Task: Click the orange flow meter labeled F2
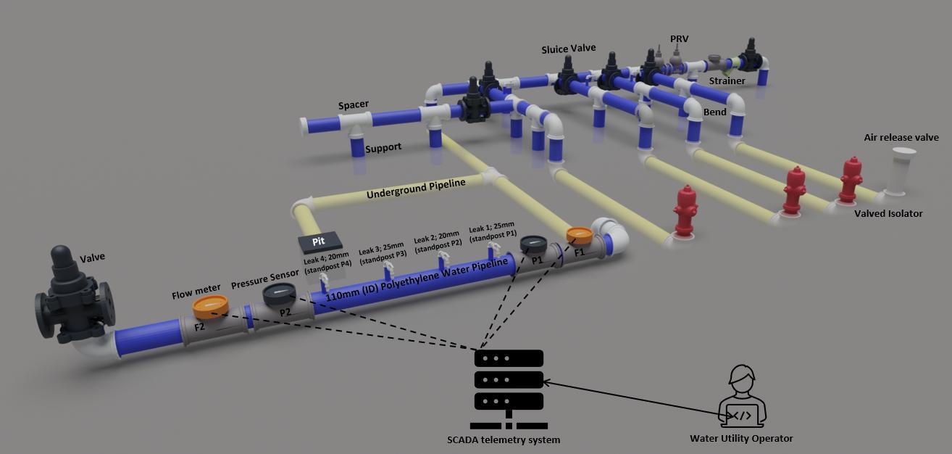click(x=211, y=308)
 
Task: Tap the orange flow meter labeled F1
click(x=580, y=234)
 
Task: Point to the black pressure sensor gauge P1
click(x=534, y=242)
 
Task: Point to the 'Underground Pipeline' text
click(x=416, y=189)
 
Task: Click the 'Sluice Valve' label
click(x=569, y=49)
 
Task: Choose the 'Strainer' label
click(x=727, y=81)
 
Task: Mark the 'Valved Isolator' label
click(x=888, y=213)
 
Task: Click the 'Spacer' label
click(x=354, y=104)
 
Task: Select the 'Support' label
click(x=383, y=147)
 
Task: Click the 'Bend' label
click(x=715, y=113)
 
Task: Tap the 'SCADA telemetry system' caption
click(x=504, y=439)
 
